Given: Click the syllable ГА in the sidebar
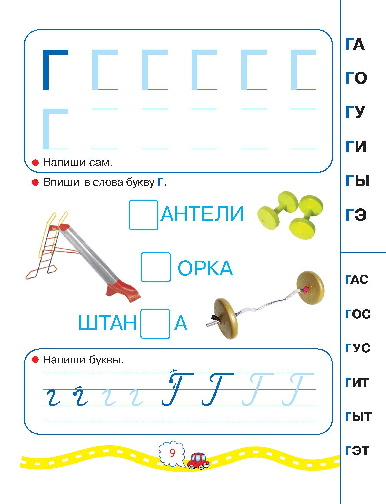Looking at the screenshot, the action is (355, 44).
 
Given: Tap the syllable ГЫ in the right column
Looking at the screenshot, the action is (358, 181).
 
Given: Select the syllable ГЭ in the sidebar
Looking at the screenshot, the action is (356, 215).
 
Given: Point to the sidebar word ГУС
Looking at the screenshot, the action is (358, 348).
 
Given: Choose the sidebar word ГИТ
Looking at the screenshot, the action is (357, 382).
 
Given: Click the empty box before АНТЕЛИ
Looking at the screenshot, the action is (143, 215).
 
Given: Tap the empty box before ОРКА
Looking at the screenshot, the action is (156, 267).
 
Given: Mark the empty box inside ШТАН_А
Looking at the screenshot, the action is (155, 324).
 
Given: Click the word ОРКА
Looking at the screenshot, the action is (205, 268).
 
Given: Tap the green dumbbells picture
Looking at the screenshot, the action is (290, 215).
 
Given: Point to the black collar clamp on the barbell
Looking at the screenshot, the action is (214, 318).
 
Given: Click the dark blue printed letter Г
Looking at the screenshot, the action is (55, 70).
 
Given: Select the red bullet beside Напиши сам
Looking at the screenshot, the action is (35, 163).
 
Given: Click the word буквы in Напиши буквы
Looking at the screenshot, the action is (106, 360).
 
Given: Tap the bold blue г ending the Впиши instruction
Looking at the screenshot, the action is (160, 182).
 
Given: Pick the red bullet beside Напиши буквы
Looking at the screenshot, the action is (35, 359).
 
